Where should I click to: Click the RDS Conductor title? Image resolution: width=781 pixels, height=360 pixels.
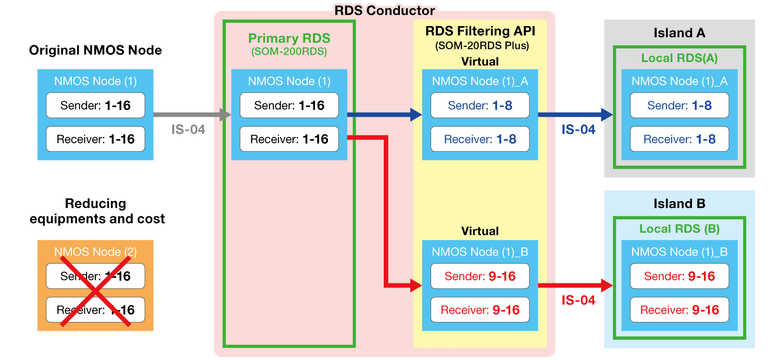[384, 10]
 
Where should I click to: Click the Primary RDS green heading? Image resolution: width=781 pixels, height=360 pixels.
[289, 39]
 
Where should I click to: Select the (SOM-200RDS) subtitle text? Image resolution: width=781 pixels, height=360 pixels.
[289, 52]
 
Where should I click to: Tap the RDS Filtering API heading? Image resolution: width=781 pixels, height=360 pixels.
[480, 31]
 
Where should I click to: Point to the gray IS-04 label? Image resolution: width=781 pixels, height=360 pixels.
[188, 129]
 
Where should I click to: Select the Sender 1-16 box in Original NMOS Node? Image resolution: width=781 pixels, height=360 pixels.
[95, 106]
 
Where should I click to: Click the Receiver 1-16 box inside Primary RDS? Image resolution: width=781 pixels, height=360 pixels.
[289, 139]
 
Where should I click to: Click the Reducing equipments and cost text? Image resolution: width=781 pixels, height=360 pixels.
[97, 211]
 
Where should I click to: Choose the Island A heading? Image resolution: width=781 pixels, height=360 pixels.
[679, 33]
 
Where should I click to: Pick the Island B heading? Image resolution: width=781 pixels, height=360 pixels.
[679, 204]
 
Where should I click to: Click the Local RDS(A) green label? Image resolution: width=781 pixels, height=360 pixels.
[679, 58]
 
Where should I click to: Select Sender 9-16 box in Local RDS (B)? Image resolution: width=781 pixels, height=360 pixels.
[679, 276]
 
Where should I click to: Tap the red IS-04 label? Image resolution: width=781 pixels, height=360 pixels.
[578, 300]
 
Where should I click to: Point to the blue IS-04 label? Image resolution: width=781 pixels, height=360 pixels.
[578, 129]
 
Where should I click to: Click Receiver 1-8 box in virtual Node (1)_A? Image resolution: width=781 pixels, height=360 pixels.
[480, 139]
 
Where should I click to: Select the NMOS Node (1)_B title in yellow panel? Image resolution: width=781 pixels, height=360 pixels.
[480, 252]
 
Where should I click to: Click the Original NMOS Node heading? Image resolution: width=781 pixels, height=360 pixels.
[95, 51]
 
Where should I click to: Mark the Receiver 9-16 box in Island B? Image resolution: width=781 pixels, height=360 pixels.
[679, 310]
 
